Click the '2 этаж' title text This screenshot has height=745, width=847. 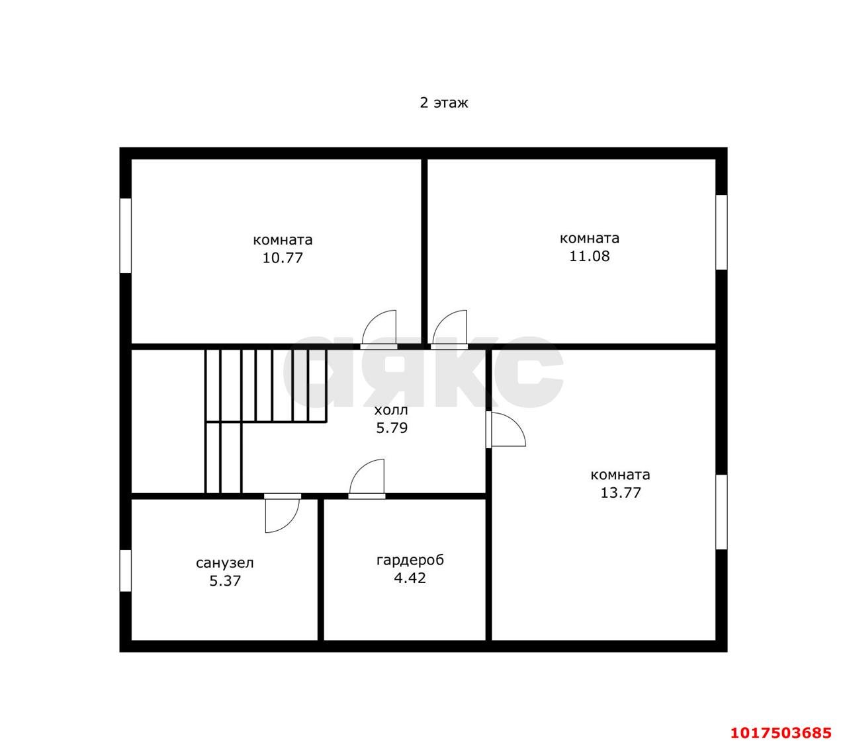[x=443, y=102]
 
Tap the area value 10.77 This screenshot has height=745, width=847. [x=282, y=258]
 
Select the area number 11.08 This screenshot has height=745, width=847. [x=589, y=256]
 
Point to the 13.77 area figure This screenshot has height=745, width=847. [x=621, y=492]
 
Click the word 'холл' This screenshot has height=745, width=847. [x=390, y=411]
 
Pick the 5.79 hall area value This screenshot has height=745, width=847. [x=391, y=428]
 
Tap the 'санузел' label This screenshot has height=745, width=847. [x=224, y=563]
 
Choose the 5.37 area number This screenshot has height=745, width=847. [x=225, y=581]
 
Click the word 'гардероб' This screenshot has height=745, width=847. [x=410, y=561]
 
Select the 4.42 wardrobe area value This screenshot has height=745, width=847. [x=410, y=578]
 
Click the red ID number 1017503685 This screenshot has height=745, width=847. [x=781, y=732]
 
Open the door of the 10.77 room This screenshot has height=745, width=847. [x=379, y=329]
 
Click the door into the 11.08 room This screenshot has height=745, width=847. [x=449, y=329]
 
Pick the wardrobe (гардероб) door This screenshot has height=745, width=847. [x=367, y=479]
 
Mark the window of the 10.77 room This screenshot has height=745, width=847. [x=126, y=235]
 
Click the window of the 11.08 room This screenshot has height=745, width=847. [x=721, y=232]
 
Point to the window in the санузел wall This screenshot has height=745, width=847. [x=126, y=570]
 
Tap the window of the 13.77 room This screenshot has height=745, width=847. [x=721, y=512]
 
